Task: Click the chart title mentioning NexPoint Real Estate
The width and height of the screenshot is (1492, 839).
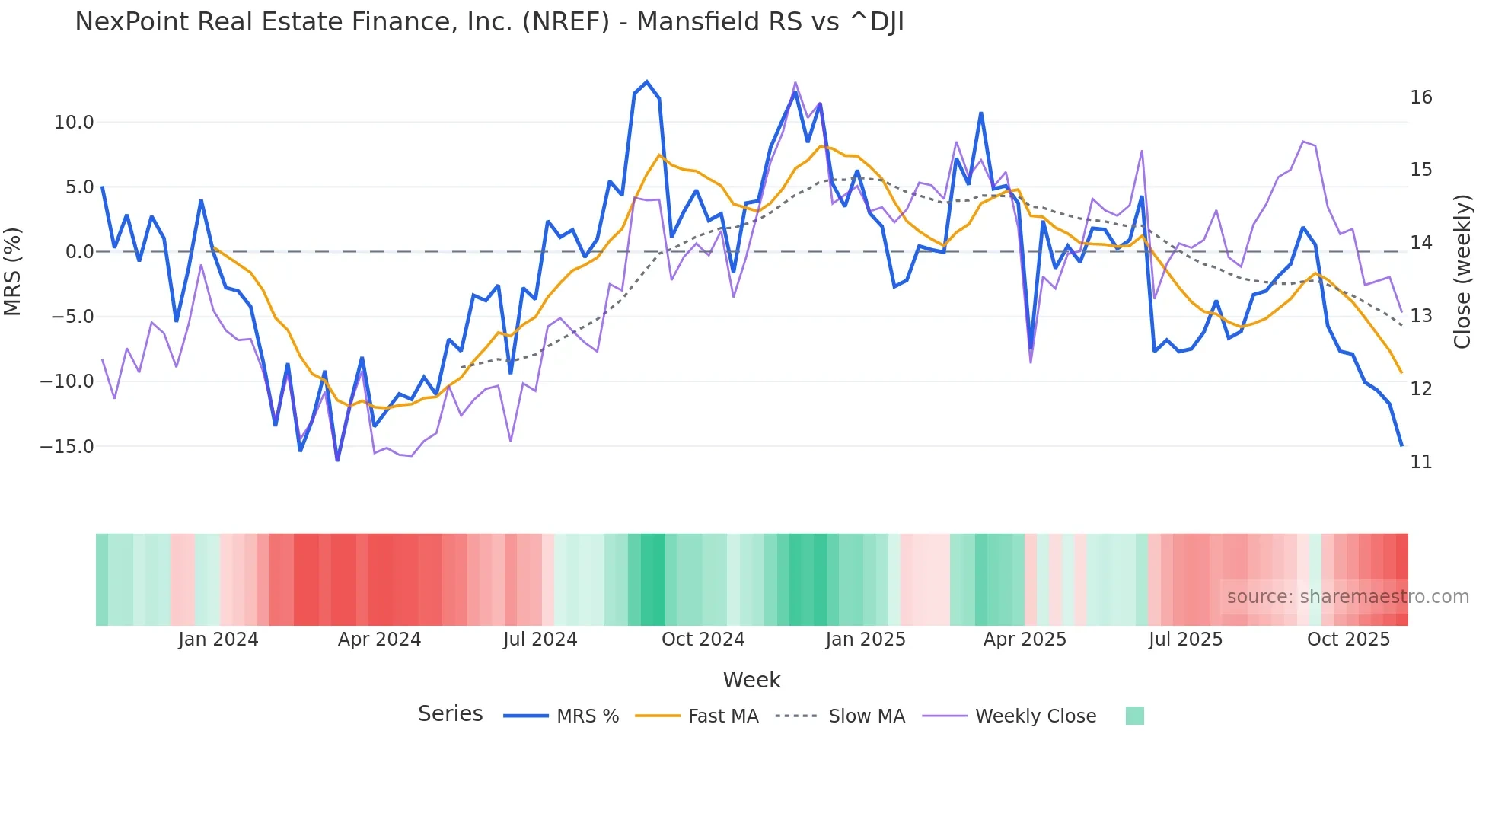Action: coord(489,22)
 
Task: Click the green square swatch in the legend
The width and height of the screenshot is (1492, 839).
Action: coord(1134,716)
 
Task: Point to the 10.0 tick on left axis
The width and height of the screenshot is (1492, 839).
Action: coord(74,123)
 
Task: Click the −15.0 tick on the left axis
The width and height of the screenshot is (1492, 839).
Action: coord(67,447)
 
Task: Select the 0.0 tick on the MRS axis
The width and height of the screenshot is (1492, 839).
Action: coord(79,252)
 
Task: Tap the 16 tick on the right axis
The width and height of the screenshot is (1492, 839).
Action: coord(1420,97)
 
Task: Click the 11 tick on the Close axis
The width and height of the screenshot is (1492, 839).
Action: coord(1420,462)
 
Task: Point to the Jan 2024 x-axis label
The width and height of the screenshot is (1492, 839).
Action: coord(218,640)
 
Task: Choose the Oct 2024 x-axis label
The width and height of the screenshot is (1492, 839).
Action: coord(703,640)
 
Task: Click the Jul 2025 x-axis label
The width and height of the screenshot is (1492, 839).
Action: coord(1185,640)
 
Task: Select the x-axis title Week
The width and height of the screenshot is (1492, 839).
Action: coord(751,680)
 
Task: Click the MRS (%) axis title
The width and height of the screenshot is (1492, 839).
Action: coord(13,272)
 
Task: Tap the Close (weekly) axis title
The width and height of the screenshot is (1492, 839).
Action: coord(1462,272)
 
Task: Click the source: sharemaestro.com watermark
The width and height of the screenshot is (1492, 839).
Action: coord(1347,597)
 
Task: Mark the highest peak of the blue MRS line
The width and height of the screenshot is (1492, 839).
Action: coord(647,81)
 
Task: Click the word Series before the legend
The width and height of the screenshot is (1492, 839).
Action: coord(450,714)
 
